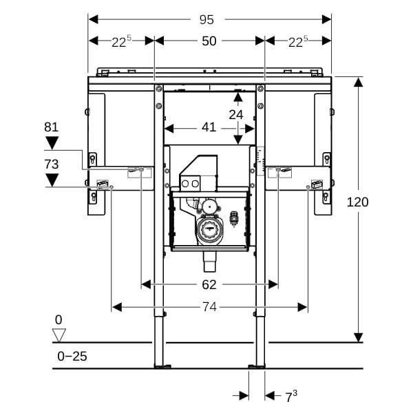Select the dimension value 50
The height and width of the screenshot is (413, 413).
click(x=209, y=41)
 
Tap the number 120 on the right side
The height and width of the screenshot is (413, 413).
click(x=358, y=202)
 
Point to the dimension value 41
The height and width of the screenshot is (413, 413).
click(x=209, y=127)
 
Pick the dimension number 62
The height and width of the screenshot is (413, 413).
click(x=209, y=284)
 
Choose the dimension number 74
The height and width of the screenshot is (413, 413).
click(x=209, y=307)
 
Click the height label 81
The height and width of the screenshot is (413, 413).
click(x=52, y=127)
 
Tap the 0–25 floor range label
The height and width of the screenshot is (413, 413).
click(x=72, y=356)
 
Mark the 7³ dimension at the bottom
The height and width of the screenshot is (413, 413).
click(x=291, y=396)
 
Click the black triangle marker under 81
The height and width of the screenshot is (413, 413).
click(x=52, y=143)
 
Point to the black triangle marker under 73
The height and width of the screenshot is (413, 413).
click(x=52, y=180)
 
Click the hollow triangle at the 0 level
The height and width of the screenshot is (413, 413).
click(x=59, y=335)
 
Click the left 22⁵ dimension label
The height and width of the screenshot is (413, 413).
click(x=122, y=41)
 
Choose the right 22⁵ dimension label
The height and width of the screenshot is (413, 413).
click(x=297, y=41)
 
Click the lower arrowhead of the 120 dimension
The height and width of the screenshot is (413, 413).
click(x=358, y=337)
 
